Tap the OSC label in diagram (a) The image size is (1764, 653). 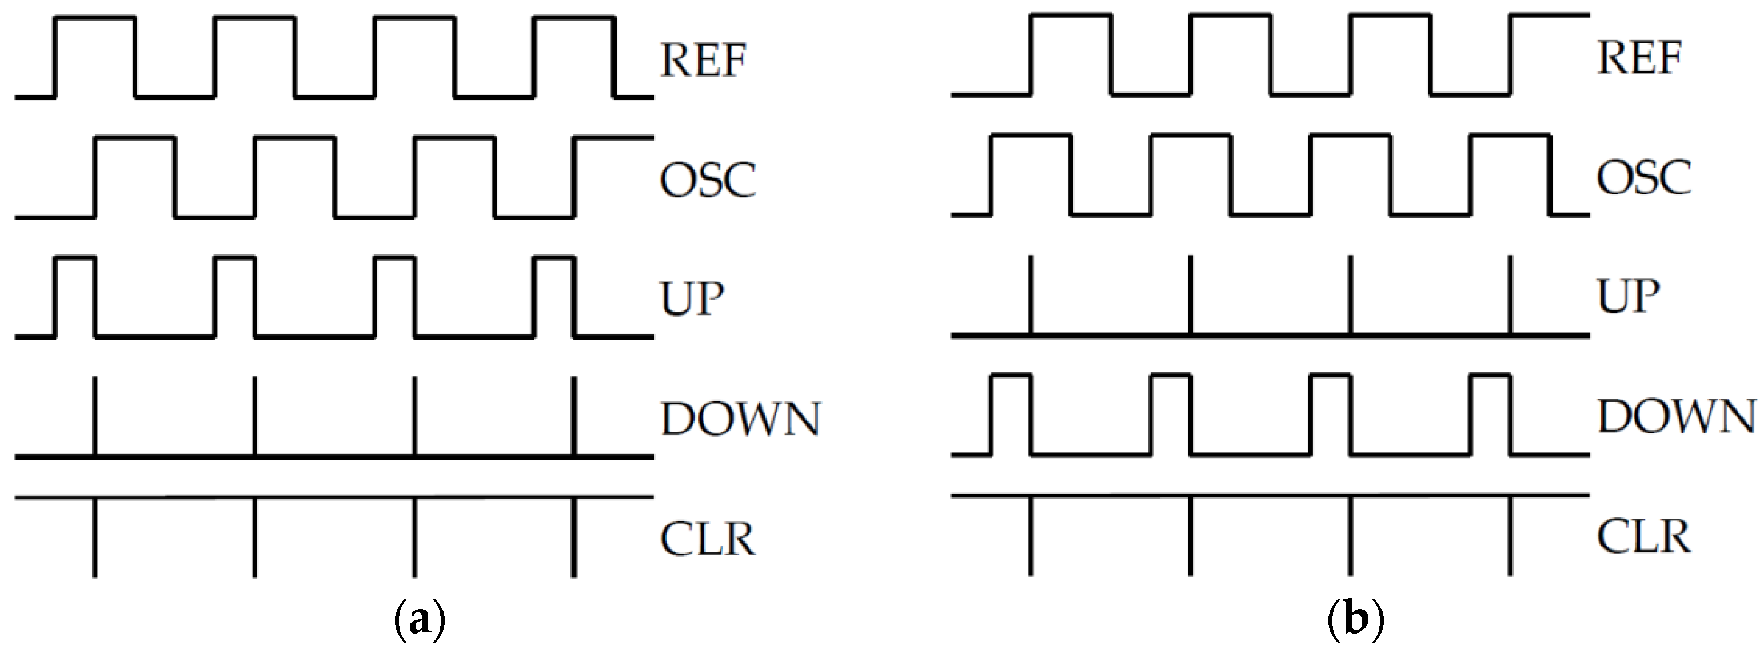708,180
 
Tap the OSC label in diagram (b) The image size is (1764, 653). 1644,177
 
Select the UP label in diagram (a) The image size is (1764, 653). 692,298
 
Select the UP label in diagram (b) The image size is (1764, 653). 1629,297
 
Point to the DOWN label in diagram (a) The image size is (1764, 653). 740,419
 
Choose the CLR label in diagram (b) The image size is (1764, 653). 1644,536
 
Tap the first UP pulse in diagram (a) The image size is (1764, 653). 75,296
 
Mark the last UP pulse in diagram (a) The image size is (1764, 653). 554,296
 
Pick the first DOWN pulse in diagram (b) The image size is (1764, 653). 1011,414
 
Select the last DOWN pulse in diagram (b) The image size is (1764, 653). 1490,414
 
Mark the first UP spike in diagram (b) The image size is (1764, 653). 1031,294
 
